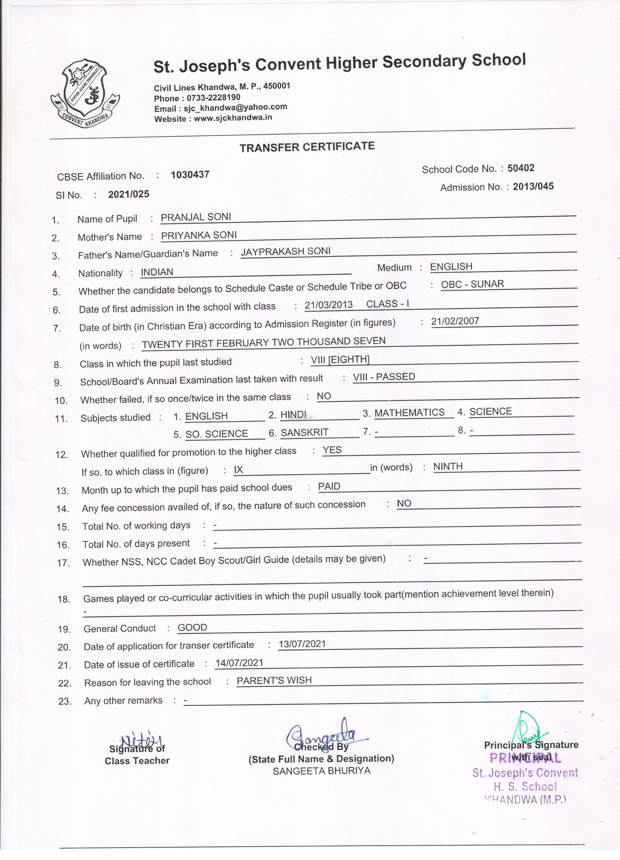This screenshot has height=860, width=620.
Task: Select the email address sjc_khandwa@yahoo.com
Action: coord(235,108)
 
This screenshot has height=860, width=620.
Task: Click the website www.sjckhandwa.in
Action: coord(233,117)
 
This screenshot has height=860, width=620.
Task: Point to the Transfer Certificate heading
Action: coord(307,147)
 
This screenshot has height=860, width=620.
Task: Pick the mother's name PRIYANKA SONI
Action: coord(199,235)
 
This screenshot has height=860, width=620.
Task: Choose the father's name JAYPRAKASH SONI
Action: coord(285,251)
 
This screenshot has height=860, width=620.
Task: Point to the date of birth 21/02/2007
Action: coord(455,321)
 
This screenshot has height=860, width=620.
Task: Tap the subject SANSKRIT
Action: coord(305,432)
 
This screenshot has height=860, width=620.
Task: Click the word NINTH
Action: coord(448,466)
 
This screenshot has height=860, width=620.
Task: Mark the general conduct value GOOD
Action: coord(192,627)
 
